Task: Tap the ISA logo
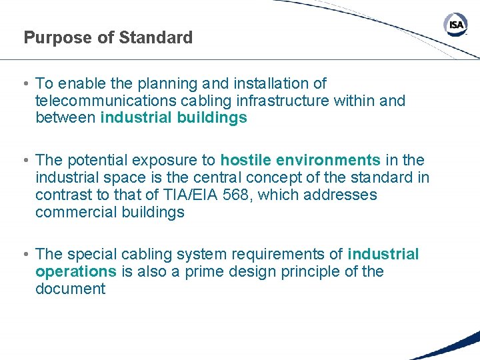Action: coord(455,26)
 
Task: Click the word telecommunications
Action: coord(103,101)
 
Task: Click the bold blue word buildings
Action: coord(214,118)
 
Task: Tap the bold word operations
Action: coord(75,271)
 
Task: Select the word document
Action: coord(70,289)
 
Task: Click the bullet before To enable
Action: coord(25,84)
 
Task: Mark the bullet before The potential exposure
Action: coord(25,161)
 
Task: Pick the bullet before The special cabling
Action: coord(25,255)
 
